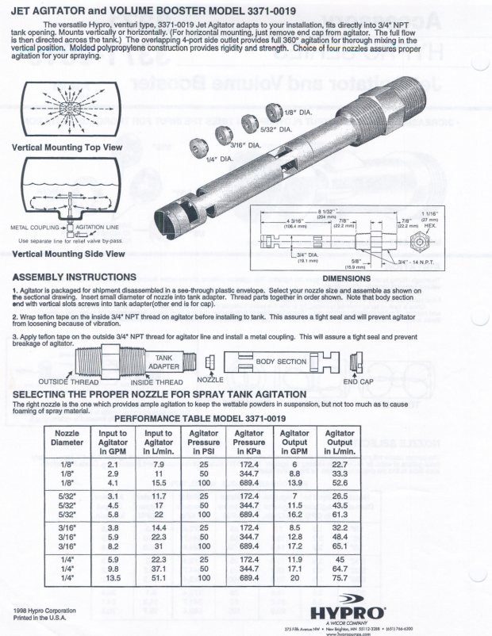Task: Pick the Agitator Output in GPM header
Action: [x=295, y=439]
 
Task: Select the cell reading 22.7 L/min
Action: [x=340, y=465]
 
